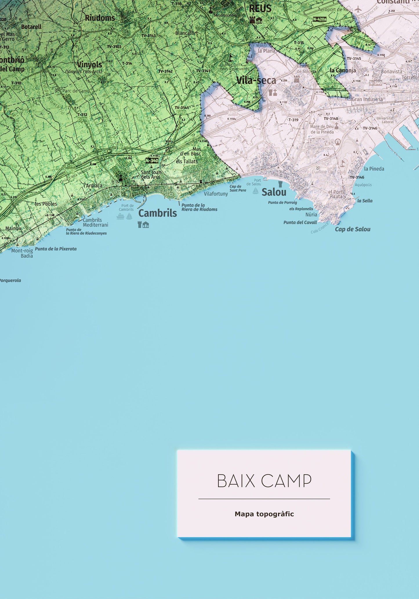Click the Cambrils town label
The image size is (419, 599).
[x=157, y=213]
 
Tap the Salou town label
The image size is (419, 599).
[x=274, y=192]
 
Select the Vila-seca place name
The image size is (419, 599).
[x=256, y=80]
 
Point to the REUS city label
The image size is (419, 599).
[x=260, y=9]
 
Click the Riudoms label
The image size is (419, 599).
[x=100, y=18]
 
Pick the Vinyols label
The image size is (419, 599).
[x=90, y=64]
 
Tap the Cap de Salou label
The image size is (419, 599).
[x=353, y=229]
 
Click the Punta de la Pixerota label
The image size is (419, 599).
[x=56, y=249]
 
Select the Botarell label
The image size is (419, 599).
[x=31, y=27]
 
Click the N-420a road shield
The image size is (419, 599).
[x=320, y=19]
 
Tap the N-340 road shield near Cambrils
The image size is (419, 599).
[x=152, y=160]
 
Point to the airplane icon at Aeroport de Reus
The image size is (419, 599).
[x=358, y=9]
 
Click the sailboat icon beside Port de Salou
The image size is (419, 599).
[x=255, y=191]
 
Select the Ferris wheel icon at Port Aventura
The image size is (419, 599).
[x=338, y=142]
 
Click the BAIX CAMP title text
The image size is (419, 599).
[x=264, y=481]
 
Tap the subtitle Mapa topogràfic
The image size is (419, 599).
[x=264, y=514]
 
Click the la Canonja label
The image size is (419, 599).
[x=343, y=70]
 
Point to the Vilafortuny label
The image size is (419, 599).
[x=216, y=194]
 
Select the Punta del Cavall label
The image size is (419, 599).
[x=300, y=223]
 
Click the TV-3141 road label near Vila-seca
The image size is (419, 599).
[x=203, y=71]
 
